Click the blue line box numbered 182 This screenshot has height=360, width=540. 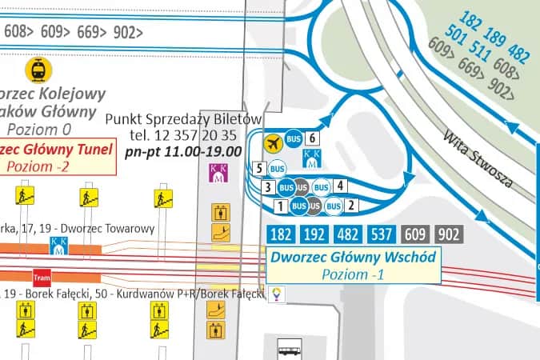pos(282,234)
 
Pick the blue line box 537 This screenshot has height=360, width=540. pos(382,234)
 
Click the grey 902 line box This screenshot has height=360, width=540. pos(449,234)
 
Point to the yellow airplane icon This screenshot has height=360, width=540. pos(274,143)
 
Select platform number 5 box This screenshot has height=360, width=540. pos(258,168)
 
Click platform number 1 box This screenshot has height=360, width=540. pos(280,206)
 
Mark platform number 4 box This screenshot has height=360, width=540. pos(340,186)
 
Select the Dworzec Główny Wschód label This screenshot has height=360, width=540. pos(353,258)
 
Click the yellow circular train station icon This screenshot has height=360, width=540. pos(36,70)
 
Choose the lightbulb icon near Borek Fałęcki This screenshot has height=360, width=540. pos(277,294)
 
